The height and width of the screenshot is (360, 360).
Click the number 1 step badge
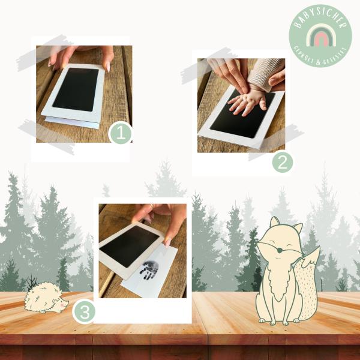[x=121, y=133]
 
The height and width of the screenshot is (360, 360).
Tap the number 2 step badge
[x=283, y=163]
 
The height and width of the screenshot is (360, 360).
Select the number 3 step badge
[x=84, y=311]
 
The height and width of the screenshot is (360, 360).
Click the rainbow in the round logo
[x=320, y=35]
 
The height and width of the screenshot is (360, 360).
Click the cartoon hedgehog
[x=46, y=298]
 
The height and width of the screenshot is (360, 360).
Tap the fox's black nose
[x=280, y=250]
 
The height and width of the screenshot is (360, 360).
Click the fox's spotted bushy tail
[x=307, y=284]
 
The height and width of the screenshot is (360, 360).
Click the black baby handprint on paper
[x=149, y=271]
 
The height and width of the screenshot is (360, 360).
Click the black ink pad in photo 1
[x=76, y=89]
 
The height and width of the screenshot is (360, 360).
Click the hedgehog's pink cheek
[x=62, y=305]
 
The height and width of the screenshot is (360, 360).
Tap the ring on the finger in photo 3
[x=151, y=205]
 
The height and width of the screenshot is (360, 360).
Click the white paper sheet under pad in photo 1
[x=72, y=122]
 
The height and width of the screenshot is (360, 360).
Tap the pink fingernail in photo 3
[x=168, y=242]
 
